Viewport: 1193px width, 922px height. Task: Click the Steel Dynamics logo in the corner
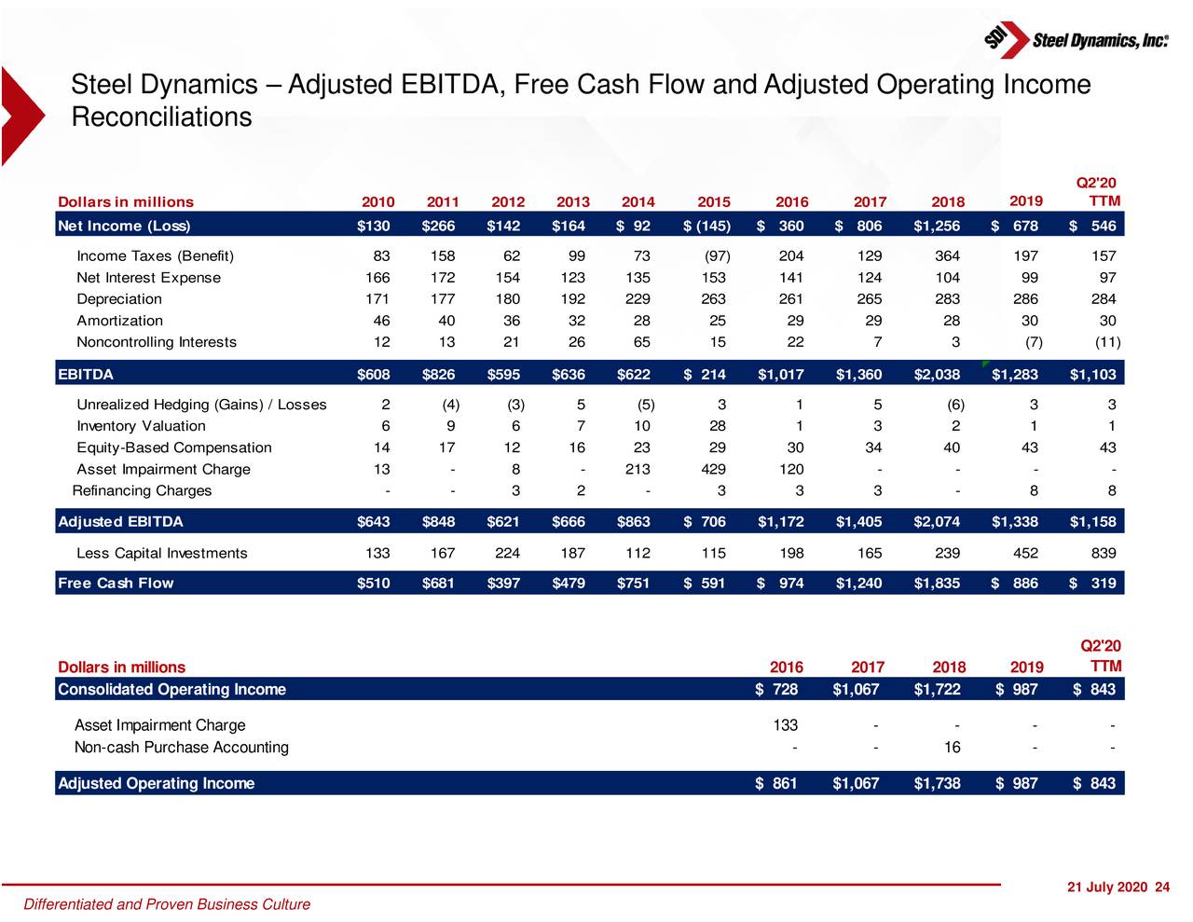tap(1075, 39)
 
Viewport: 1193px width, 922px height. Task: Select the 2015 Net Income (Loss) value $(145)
tap(706, 226)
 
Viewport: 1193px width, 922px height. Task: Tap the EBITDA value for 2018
tap(937, 375)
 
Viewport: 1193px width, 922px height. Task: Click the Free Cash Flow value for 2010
tap(374, 584)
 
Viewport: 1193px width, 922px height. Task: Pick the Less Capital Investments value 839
tap(1103, 554)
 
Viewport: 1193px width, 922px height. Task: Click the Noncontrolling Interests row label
tap(157, 342)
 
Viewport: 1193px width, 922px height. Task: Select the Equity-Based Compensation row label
tap(174, 448)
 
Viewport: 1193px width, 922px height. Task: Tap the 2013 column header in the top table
tap(572, 202)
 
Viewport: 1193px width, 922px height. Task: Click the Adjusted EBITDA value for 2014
tap(634, 522)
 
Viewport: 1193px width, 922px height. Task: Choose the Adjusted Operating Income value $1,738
tap(937, 784)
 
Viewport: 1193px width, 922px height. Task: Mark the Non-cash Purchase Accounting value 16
tap(952, 748)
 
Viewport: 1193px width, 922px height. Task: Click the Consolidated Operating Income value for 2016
tap(776, 690)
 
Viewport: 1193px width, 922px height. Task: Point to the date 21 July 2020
tap(1107, 888)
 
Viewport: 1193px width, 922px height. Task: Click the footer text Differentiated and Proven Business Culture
tap(167, 904)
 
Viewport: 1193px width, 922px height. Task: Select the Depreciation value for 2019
tap(1025, 299)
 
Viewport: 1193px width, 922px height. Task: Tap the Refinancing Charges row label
tap(142, 491)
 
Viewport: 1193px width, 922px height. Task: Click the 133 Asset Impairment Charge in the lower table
tap(785, 725)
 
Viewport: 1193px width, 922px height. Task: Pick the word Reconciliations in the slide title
tap(161, 117)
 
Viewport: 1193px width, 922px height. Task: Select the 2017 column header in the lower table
tap(867, 667)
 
